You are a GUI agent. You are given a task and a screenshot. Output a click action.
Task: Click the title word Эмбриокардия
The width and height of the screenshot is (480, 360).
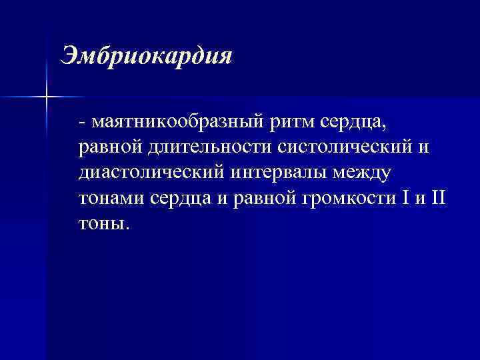(x=146, y=56)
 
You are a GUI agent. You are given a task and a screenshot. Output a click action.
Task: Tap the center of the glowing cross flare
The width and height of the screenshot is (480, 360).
(x=47, y=97)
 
